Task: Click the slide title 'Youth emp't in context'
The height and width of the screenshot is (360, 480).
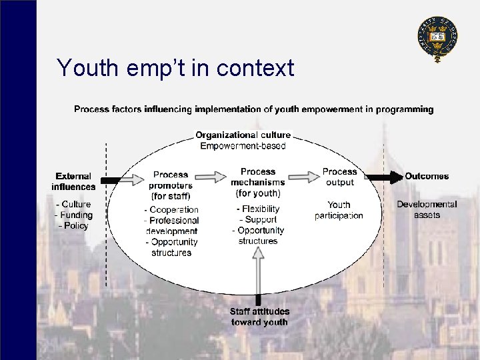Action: (175, 68)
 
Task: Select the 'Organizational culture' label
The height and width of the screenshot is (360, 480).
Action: (243, 135)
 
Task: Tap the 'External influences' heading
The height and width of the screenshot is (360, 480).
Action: (73, 181)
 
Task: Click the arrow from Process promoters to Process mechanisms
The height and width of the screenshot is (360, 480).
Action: (211, 177)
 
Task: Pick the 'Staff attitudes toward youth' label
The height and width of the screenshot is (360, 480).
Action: (259, 317)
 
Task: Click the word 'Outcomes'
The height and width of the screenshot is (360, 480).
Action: (427, 177)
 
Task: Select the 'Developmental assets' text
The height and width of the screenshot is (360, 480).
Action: (427, 209)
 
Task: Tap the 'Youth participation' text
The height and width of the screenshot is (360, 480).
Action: (339, 210)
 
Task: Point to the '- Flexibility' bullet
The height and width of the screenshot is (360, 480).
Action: (258, 209)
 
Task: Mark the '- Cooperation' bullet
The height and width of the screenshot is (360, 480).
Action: (171, 209)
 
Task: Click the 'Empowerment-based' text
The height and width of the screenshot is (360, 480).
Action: (243, 146)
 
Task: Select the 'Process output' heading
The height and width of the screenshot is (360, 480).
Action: (339, 177)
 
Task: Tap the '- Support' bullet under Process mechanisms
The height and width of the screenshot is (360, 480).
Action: (258, 219)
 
